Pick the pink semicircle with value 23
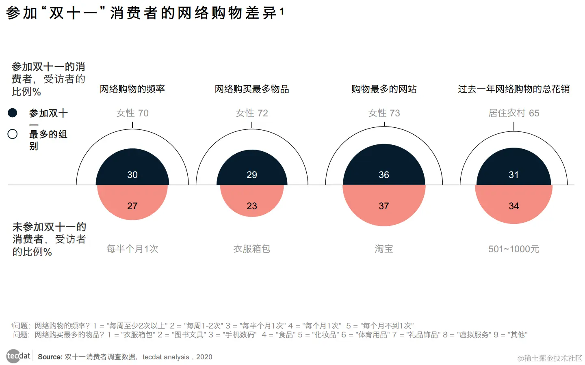[252, 200]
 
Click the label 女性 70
[132, 113]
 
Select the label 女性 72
[252, 113]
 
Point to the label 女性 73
[384, 113]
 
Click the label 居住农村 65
[513, 113]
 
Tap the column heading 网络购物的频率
[132, 89]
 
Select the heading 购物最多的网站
[384, 89]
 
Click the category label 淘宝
[384, 249]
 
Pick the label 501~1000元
[513, 249]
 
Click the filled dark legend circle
[13, 113]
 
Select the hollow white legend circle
[13, 134]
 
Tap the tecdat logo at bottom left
[18, 356]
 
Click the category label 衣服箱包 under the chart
[252, 249]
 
